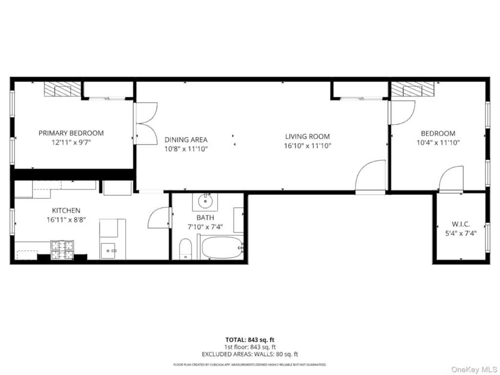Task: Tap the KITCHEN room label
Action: [x=66, y=210]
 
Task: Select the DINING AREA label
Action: [x=186, y=139]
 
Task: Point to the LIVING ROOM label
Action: [x=308, y=137]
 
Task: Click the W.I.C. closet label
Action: [x=461, y=224]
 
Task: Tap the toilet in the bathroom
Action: [x=186, y=249]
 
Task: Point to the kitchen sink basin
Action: [x=108, y=250]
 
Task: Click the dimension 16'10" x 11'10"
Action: [x=308, y=146]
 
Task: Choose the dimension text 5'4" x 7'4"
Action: [x=461, y=233]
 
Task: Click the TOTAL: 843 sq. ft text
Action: [x=250, y=340]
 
